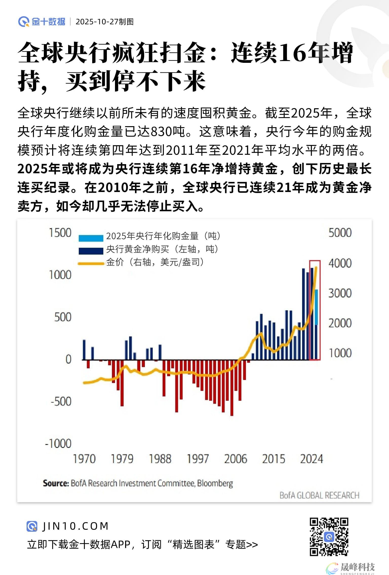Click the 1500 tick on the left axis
pyautogui.click(x=60, y=233)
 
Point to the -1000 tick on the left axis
pyautogui.click(x=58, y=444)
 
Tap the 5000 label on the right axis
pyautogui.click(x=340, y=233)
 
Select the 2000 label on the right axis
pyautogui.click(x=340, y=323)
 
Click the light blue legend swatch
pyautogui.click(x=91, y=238)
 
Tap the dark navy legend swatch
pyautogui.click(x=91, y=251)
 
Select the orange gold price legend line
pyautogui.click(x=91, y=264)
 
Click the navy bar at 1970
pyautogui.click(x=84, y=350)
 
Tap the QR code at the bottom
pyautogui.click(x=329, y=537)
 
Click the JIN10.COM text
pyautogui.click(x=75, y=526)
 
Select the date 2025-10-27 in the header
pyautogui.click(x=97, y=22)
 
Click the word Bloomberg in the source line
pyautogui.click(x=215, y=483)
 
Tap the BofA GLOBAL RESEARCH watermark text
pyautogui.click(x=319, y=495)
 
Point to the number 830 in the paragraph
pyautogui.click(x=161, y=131)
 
